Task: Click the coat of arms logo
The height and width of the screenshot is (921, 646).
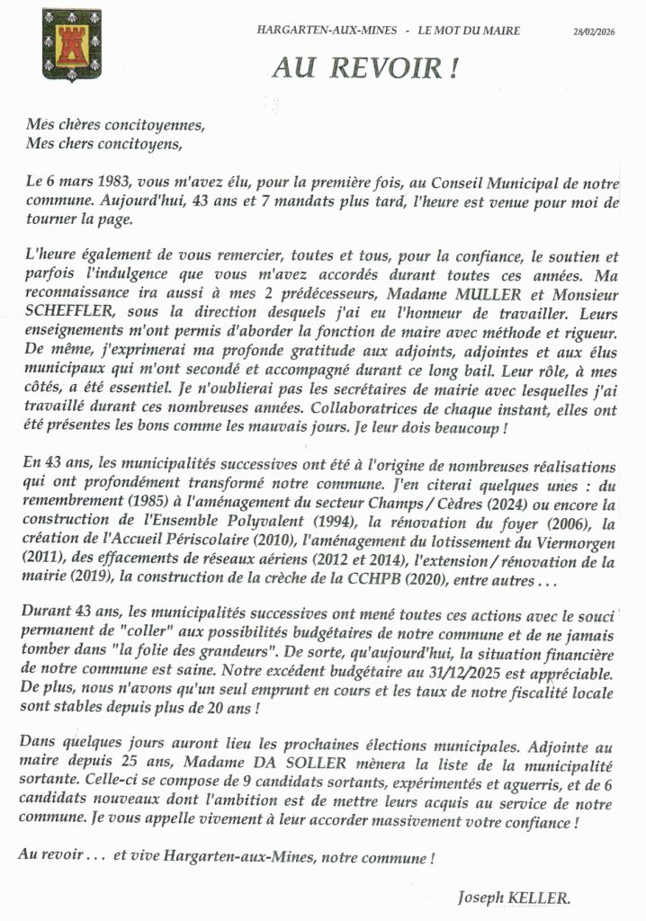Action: point(71,44)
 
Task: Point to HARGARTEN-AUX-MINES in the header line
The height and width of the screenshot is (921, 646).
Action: point(326,31)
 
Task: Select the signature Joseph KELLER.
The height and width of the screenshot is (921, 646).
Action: point(514,897)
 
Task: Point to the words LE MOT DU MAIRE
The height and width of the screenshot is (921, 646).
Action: point(468,31)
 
